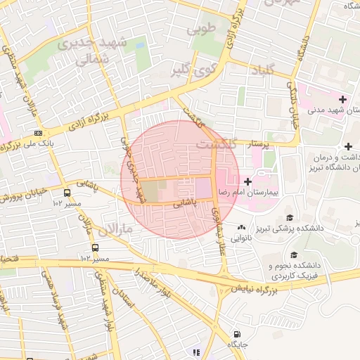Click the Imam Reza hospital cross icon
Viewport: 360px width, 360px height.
click(247, 181)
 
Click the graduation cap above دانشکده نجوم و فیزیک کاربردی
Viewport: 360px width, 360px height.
click(294, 254)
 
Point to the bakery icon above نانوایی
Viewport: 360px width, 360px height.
click(242, 227)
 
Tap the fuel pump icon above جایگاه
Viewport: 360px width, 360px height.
click(237, 334)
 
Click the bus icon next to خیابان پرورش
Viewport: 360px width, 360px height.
click(67, 192)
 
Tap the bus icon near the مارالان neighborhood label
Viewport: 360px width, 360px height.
click(95, 247)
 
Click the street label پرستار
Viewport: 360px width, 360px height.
click(261, 144)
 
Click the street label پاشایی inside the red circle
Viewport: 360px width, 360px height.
click(187, 203)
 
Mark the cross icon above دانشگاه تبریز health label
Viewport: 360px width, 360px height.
click(348, 145)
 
